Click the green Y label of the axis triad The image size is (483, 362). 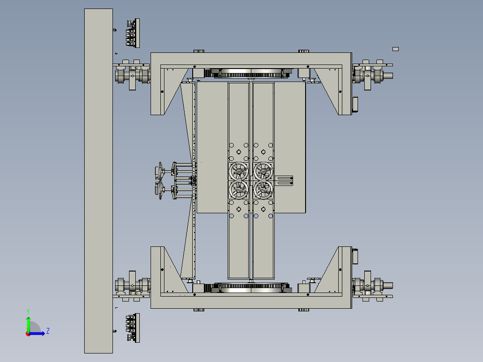28,311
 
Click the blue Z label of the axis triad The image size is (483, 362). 48,331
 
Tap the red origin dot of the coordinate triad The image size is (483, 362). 28,334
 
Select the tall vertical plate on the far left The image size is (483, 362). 99,181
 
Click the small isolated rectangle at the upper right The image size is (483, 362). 396,49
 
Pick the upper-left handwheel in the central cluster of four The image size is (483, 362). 239,171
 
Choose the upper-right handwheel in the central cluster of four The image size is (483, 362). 263,171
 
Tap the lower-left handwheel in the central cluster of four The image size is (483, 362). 239,190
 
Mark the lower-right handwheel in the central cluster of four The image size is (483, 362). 263,190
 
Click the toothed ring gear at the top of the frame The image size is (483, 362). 251,73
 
